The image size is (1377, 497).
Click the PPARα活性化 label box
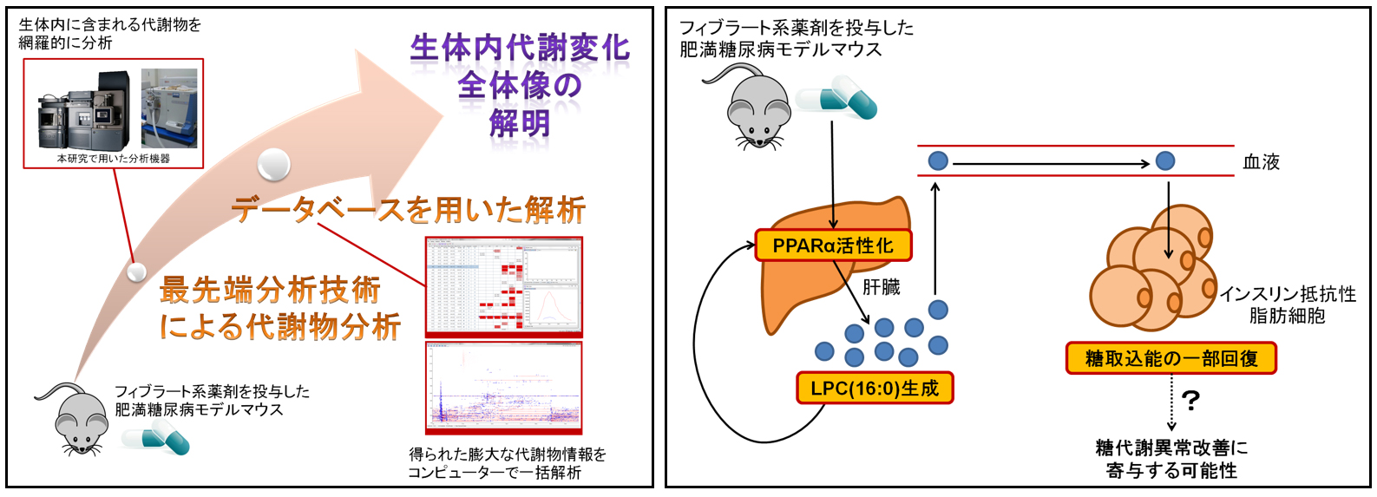coord(833,245)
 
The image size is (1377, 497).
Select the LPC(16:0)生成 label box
coord(875,388)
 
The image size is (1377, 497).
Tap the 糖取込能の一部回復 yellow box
coord(1170,358)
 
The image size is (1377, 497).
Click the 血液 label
coord(1261,162)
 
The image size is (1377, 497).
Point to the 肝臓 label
coord(881,287)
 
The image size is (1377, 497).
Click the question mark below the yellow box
coord(1190,401)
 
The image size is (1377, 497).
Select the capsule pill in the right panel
coord(837,97)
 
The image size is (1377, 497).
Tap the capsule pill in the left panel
coord(157,440)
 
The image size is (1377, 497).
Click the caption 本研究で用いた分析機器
coord(114,159)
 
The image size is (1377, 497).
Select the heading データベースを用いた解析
coord(408,210)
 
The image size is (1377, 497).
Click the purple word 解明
coord(520,123)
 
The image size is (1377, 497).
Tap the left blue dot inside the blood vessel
coord(938,161)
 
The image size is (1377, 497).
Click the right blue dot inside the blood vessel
coord(1165,161)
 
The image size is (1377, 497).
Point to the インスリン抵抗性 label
coord(1288,294)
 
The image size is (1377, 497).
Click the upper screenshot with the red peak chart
coord(503,287)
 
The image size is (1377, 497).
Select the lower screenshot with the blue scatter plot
coord(503,388)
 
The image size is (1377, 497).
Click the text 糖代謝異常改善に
coord(1171,448)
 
